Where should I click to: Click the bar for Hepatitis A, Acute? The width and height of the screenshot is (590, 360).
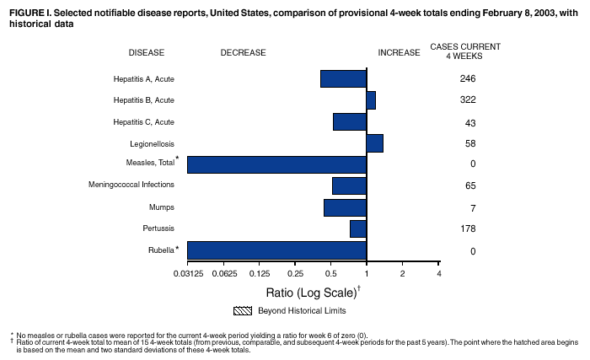pos(343,78)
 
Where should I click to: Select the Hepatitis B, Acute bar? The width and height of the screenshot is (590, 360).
pos(371,100)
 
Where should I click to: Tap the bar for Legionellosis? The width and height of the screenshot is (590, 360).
pos(375,142)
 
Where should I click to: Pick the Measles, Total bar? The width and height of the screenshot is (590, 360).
pos(276,164)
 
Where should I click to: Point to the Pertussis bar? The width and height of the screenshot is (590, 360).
pos(358,228)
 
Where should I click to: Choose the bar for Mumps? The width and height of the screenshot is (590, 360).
pos(345,207)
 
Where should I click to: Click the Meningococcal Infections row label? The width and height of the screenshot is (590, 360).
pos(131,185)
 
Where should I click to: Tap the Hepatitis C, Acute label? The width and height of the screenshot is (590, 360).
pos(143,122)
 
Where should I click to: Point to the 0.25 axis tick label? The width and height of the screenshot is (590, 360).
pos(295,274)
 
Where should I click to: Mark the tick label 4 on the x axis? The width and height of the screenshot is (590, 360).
pos(438,274)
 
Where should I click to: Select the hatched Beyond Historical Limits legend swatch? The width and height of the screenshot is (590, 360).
pos(244,311)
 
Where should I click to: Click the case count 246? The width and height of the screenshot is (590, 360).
pos(469,79)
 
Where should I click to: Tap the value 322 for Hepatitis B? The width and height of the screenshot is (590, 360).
pos(469,101)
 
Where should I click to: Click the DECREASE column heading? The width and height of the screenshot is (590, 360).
pos(243,52)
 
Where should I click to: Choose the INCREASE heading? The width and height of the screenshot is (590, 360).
pos(399,52)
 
